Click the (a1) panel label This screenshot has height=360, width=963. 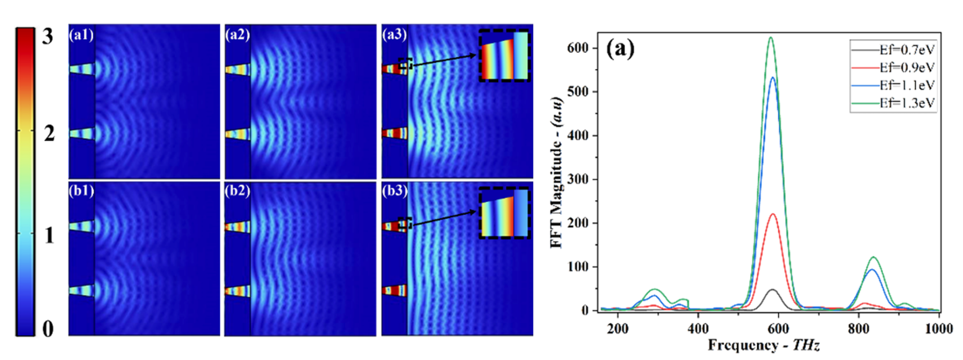pyautogui.click(x=81, y=35)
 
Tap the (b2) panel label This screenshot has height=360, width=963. pyautogui.click(x=237, y=191)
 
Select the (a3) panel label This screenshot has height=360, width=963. pyautogui.click(x=394, y=35)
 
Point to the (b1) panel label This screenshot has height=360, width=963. pyautogui.click(x=81, y=191)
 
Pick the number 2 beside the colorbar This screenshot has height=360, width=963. pyautogui.click(x=49, y=133)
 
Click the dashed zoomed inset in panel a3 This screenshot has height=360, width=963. pyautogui.click(x=504, y=56)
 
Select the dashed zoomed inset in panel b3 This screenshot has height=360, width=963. pyautogui.click(x=504, y=213)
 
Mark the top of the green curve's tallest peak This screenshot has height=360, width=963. pyautogui.click(x=771, y=38)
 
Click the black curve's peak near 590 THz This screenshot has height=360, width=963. pyautogui.click(x=772, y=289)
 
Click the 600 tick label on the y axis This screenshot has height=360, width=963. pyautogui.click(x=578, y=48)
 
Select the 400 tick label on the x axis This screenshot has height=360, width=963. pyautogui.click(x=698, y=329)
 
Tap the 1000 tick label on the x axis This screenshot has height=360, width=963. pyautogui.click(x=938, y=329)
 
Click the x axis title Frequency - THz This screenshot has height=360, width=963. pyautogui.click(x=764, y=346)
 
